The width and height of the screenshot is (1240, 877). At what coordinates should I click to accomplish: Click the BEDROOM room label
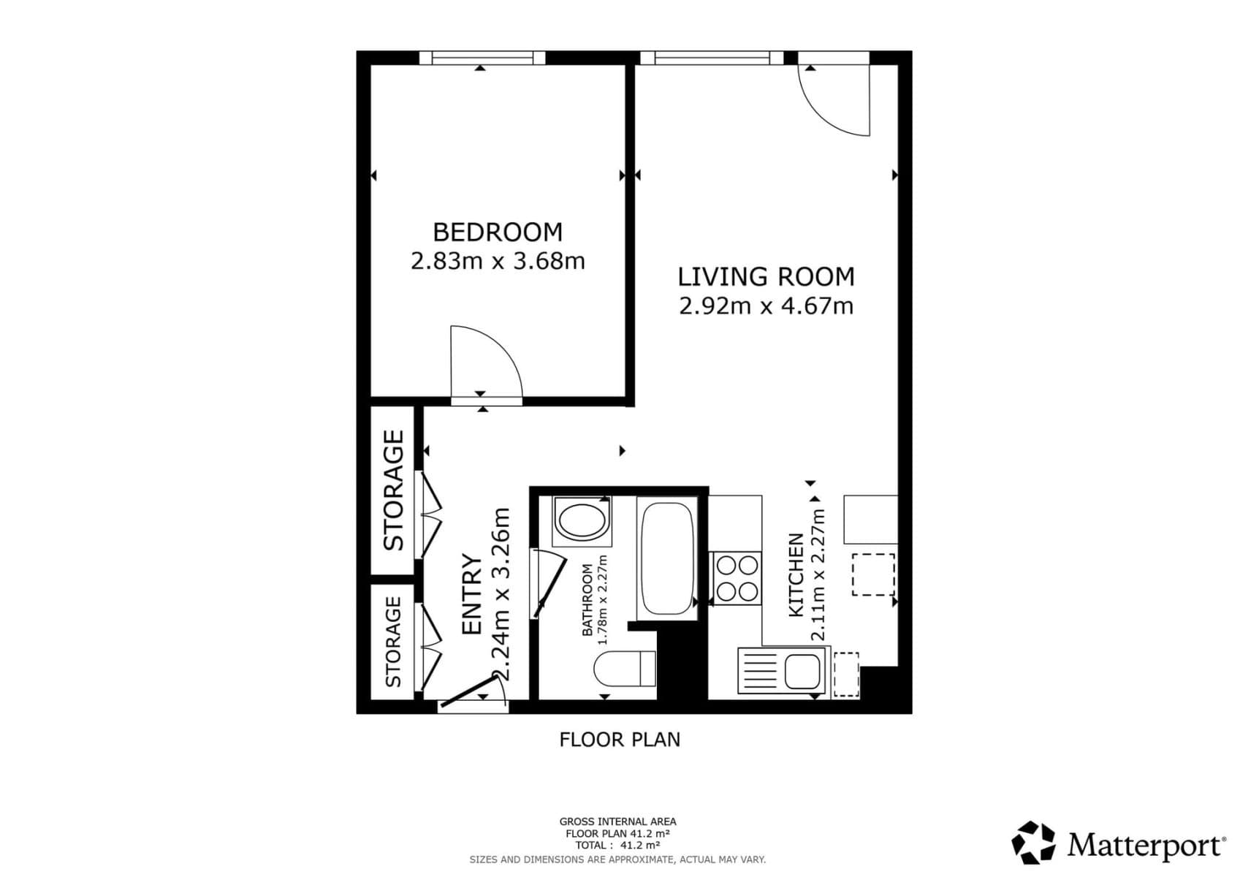pyautogui.click(x=498, y=232)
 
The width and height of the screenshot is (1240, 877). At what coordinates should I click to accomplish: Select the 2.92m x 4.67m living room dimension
pyautogui.click(x=766, y=305)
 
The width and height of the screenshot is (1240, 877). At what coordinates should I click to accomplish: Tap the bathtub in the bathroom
pyautogui.click(x=666, y=558)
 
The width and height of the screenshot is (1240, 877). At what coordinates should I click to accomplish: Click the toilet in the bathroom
pyautogui.click(x=625, y=668)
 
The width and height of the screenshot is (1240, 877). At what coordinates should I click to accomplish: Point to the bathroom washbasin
pyautogui.click(x=582, y=520)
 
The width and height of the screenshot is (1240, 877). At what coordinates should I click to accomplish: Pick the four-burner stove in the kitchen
pyautogui.click(x=737, y=578)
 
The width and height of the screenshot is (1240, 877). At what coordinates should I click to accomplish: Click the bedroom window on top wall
pyautogui.click(x=482, y=58)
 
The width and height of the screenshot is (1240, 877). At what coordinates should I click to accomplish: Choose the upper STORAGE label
pyautogui.click(x=394, y=490)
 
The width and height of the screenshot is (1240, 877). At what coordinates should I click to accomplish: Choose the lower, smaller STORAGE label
pyautogui.click(x=394, y=642)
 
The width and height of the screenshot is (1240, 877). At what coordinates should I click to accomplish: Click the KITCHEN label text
pyautogui.click(x=796, y=575)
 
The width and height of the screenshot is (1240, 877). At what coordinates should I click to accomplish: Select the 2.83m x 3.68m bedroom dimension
pyautogui.click(x=498, y=261)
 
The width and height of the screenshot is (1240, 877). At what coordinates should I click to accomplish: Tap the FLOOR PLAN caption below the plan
pyautogui.click(x=620, y=740)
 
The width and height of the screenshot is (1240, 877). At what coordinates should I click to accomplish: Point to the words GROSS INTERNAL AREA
pyautogui.click(x=617, y=821)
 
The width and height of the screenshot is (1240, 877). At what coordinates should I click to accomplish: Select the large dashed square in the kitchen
pyautogui.click(x=873, y=574)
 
